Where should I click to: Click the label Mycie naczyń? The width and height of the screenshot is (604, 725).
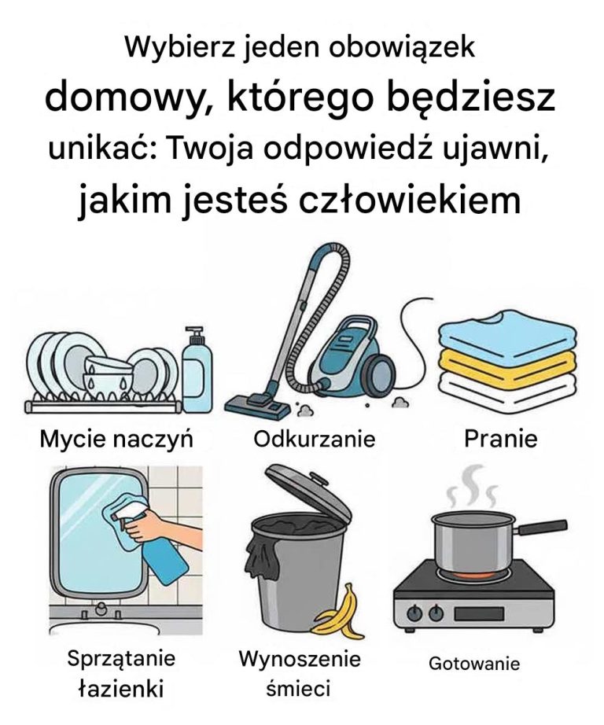pyautogui.click(x=116, y=437)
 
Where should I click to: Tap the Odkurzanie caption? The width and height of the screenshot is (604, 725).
pyautogui.click(x=315, y=438)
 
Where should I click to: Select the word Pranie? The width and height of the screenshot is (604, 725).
pyautogui.click(x=501, y=437)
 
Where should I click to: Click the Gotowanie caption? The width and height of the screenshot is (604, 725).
pyautogui.click(x=473, y=664)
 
